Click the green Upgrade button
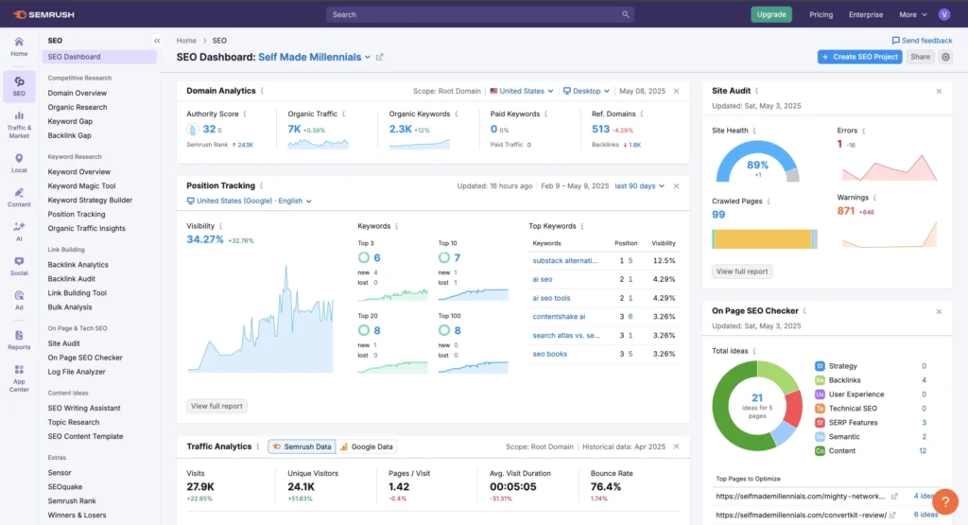pos(771,14)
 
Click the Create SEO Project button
pos(859,57)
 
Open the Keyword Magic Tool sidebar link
pos(81,186)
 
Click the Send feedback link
pos(922,41)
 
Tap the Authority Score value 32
pos(209,129)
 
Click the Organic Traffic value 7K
pos(295,129)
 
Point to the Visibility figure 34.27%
pos(205,240)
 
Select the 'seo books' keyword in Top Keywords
pos(550,354)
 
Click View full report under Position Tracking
pos(216,406)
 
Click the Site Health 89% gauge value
pos(757,165)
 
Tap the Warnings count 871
pos(846,211)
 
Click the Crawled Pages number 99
pos(718,215)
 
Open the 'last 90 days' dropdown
pos(639,186)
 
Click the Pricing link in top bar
pos(821,14)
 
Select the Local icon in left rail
pos(19,163)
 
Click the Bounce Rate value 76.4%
pos(607,486)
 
